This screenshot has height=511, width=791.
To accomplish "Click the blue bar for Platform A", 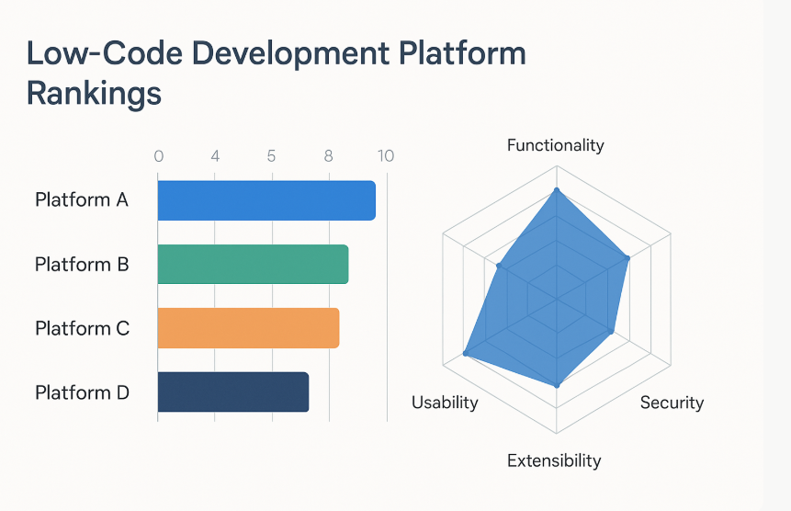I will (x=266, y=200).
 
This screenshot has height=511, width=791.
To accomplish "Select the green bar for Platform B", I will (x=253, y=265).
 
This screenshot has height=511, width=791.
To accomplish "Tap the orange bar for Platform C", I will (x=248, y=328).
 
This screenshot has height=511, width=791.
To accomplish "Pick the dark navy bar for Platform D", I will (x=233, y=392).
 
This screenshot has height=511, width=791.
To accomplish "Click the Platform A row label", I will (x=82, y=200).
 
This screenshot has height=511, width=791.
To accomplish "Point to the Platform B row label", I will (x=82, y=265).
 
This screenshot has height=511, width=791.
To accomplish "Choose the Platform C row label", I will (x=82, y=328).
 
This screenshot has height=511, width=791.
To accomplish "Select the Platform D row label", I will (x=82, y=392).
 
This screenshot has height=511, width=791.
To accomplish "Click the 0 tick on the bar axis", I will (x=158, y=156).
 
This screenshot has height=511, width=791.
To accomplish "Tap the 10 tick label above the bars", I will (x=385, y=156).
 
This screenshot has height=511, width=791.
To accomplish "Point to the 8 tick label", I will (x=328, y=156).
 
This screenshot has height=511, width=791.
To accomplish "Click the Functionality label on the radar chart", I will (x=556, y=145).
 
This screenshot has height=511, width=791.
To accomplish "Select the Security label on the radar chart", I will (x=672, y=403).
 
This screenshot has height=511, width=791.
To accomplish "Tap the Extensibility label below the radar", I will (x=554, y=460).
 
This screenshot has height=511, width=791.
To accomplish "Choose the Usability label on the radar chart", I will (x=445, y=403).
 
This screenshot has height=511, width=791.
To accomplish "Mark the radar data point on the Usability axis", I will (x=466, y=354).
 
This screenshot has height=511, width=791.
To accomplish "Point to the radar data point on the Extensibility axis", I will (x=557, y=385).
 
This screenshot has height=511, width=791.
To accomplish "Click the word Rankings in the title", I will (x=94, y=94).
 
